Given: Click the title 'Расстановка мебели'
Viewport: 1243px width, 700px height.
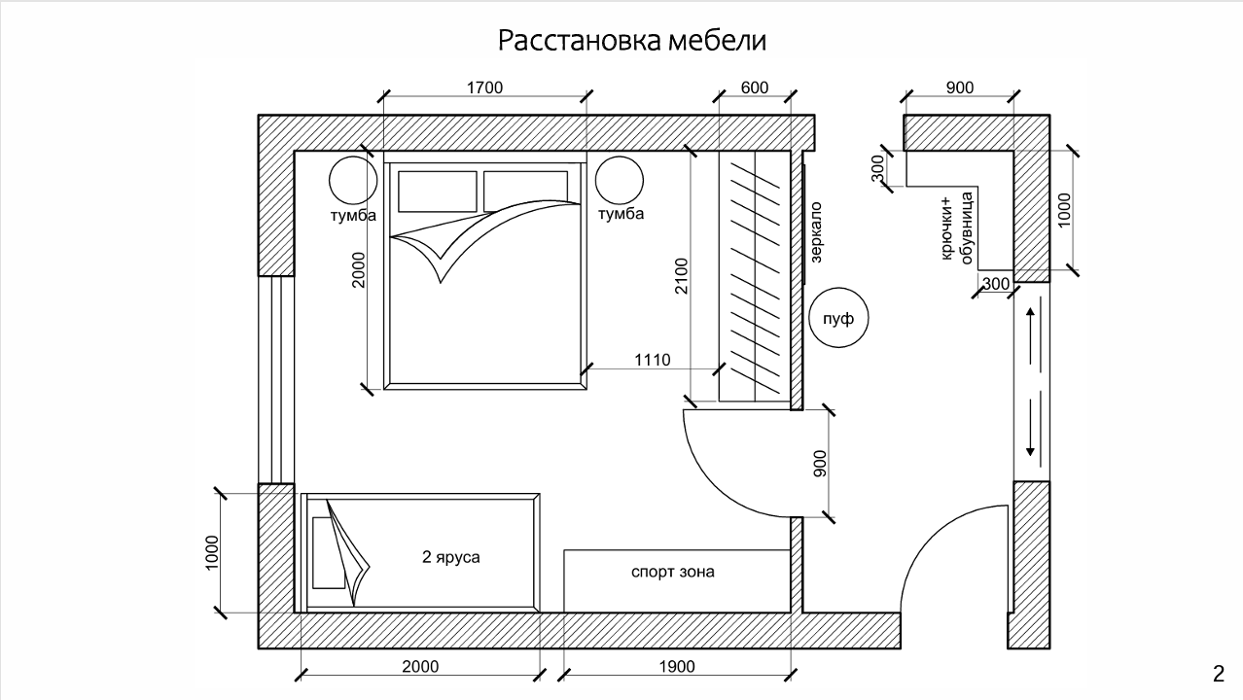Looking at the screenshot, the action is [631, 41].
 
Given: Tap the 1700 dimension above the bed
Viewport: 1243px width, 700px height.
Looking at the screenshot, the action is [484, 87].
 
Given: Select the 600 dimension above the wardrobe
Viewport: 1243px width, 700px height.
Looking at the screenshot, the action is [755, 87].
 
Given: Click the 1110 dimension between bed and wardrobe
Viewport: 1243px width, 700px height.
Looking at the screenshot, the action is [653, 360].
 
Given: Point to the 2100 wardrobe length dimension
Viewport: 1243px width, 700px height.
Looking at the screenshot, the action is [681, 276].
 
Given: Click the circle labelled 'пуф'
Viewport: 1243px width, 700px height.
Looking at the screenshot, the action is [838, 318].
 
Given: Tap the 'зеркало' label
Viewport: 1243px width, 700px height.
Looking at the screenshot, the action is [815, 231].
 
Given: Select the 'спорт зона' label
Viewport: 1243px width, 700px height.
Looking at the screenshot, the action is [672, 572].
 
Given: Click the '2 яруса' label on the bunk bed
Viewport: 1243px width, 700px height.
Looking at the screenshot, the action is [450, 556].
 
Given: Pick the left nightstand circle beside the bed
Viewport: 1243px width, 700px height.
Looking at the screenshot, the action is [353, 180].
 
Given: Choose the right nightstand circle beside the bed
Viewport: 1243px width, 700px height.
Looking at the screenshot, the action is [620, 180].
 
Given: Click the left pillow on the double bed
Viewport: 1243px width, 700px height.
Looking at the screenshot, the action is [438, 192].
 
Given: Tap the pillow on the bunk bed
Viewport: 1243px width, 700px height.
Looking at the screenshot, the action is [329, 553].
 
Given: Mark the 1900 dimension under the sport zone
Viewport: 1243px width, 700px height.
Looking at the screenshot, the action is [677, 666].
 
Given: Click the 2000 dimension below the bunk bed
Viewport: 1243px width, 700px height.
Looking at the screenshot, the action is [420, 666].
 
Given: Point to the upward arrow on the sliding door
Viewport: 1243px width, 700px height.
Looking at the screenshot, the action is [1030, 336].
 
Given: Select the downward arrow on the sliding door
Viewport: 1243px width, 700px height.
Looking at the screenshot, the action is [1030, 428].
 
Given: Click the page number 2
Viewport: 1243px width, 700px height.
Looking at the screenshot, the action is [1219, 674].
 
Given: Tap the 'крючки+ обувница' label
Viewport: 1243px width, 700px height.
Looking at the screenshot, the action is [957, 227].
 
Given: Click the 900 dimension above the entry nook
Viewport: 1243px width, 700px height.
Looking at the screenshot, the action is [960, 87].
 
